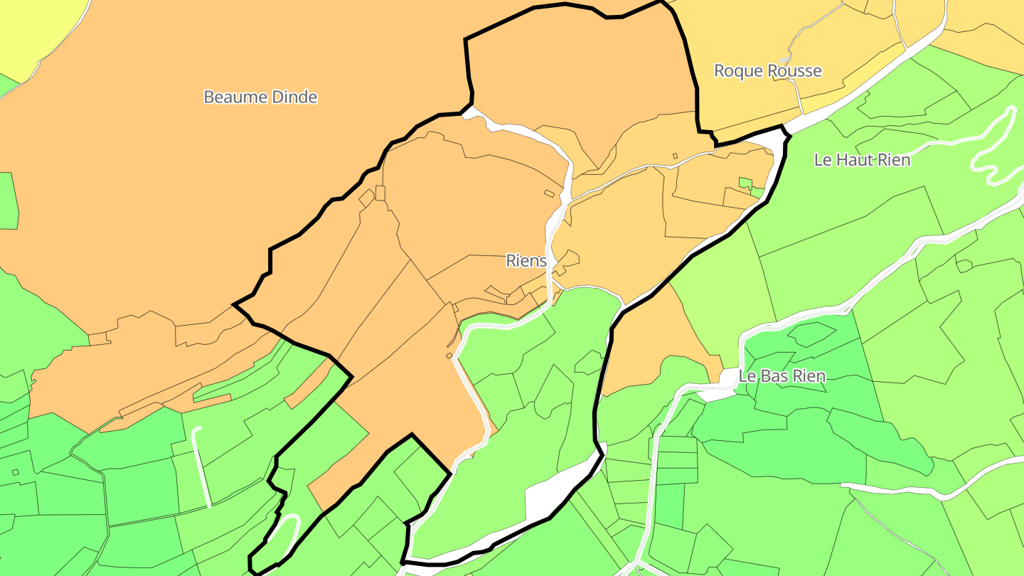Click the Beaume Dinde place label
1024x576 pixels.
click(260, 97)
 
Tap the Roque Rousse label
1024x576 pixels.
click(767, 71)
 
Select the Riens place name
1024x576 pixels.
click(526, 261)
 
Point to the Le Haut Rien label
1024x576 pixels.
click(862, 160)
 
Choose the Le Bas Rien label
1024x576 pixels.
click(782, 376)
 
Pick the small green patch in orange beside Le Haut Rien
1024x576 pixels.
click(745, 183)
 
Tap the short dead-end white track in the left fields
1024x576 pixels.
click(202, 466)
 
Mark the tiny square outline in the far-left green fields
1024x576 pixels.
click(16, 471)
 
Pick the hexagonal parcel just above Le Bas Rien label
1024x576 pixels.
click(811, 334)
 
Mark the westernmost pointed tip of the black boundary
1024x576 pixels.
click(235, 304)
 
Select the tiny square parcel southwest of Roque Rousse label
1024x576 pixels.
click(676, 156)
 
